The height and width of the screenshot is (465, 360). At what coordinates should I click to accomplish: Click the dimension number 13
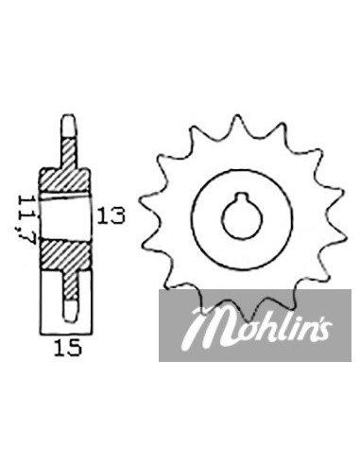pyautogui.click(x=111, y=215)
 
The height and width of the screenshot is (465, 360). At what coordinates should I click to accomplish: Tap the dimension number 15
pyautogui.click(x=68, y=348)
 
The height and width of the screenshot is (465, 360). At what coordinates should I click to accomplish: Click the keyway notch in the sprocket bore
pyautogui.click(x=242, y=198)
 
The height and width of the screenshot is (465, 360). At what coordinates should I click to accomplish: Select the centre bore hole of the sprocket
pyautogui.click(x=242, y=216)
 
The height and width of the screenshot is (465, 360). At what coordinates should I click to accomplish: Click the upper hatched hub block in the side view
pyautogui.click(x=64, y=180)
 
